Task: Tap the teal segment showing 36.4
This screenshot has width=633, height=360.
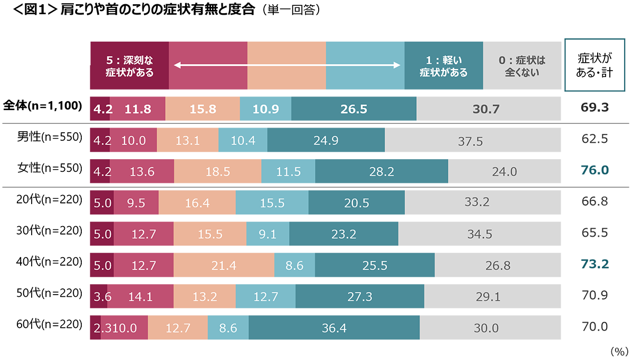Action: click(334, 328)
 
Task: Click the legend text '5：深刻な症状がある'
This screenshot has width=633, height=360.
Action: click(129, 66)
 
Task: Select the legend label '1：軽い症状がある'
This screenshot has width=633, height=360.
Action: click(444, 66)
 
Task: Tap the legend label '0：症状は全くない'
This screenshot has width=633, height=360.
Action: click(522, 66)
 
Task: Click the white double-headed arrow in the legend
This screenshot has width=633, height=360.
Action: click(286, 65)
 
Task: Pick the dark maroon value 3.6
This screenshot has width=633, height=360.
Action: click(101, 297)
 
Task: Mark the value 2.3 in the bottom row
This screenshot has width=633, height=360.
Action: click(100, 328)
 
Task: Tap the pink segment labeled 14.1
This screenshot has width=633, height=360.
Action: click(140, 297)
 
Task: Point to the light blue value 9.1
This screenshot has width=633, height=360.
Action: click(267, 235)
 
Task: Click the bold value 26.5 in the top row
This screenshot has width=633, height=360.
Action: click(354, 110)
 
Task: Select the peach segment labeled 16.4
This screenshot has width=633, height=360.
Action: click(197, 203)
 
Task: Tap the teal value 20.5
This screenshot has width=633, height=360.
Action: click(357, 203)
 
